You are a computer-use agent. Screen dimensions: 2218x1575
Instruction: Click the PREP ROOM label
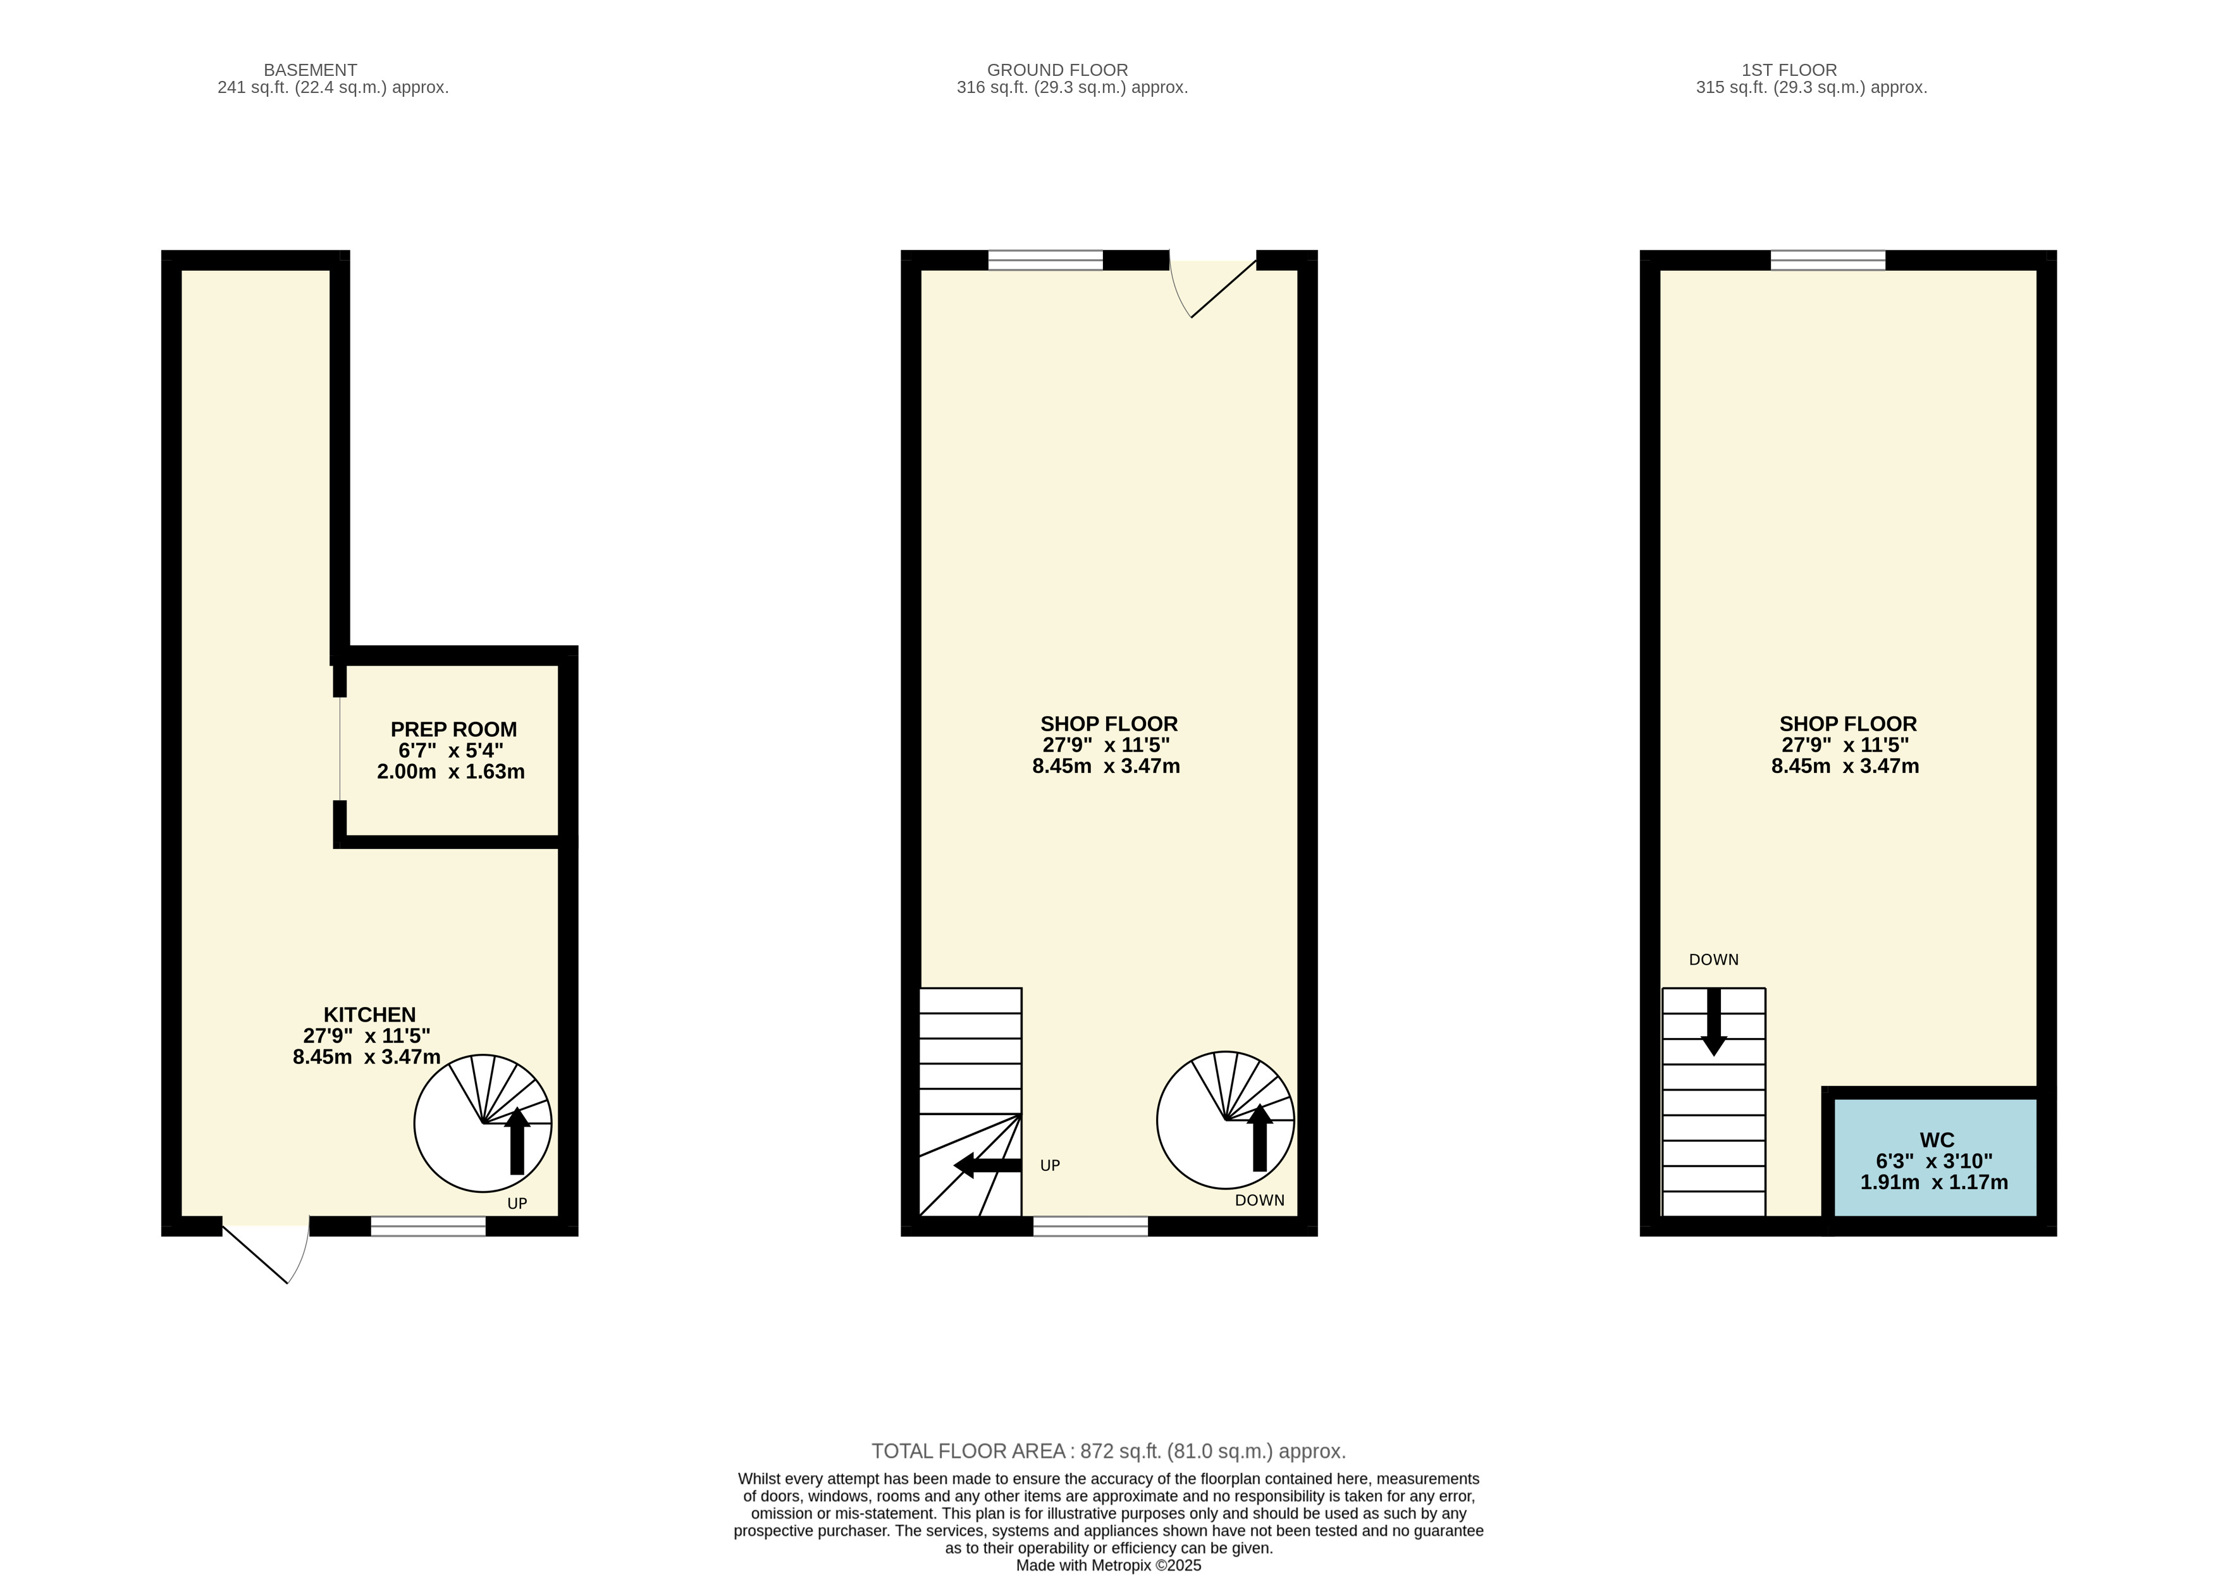point(453,729)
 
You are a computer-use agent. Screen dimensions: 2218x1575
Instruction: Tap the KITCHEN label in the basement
point(369,1015)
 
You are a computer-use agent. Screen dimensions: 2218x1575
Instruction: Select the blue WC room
point(1934,1157)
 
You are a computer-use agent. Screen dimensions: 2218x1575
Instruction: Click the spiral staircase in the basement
point(483,1123)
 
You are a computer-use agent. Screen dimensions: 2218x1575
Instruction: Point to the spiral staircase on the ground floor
point(1225,1120)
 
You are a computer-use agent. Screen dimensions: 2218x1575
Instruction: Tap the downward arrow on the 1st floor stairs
point(1714,1022)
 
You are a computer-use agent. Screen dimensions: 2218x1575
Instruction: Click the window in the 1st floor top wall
point(1828,260)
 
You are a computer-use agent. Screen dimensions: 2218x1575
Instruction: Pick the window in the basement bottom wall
point(428,1226)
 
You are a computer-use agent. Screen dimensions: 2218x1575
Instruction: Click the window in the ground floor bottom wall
point(1090,1226)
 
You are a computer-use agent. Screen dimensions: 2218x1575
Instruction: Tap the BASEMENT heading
point(310,70)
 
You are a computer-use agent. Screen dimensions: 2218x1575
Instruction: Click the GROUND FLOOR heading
point(1057,70)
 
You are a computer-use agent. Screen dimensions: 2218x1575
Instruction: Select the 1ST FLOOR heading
point(1790,70)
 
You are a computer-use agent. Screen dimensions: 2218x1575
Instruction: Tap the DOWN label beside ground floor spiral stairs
point(1259,1201)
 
